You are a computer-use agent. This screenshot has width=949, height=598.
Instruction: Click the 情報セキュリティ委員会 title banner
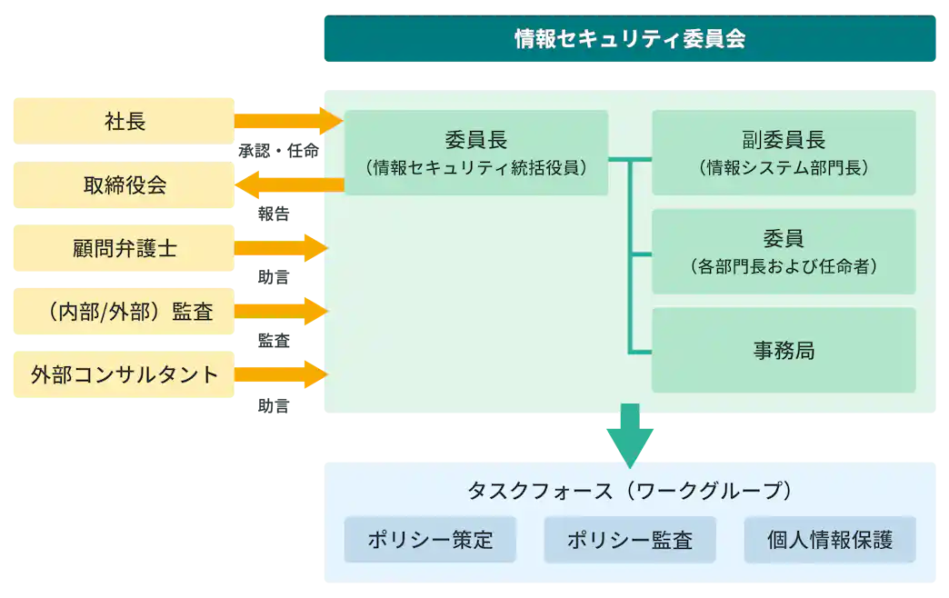pos(629,40)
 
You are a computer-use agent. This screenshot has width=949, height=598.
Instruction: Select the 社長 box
pos(124,120)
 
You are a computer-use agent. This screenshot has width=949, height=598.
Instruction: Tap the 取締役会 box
pos(124,185)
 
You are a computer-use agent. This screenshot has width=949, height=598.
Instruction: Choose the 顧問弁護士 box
pos(124,248)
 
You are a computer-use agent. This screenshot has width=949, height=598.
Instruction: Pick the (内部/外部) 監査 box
pos(124,312)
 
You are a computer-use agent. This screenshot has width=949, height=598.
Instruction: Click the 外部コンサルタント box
pos(124,374)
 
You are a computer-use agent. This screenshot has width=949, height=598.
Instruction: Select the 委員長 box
pos(475,153)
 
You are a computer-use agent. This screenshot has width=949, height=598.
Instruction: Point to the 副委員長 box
pos(783,153)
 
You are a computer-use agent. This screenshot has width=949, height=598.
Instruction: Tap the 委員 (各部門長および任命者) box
pos(783,252)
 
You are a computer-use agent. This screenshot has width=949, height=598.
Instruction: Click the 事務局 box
pos(783,351)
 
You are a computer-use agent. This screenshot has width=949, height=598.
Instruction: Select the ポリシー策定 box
pos(430,540)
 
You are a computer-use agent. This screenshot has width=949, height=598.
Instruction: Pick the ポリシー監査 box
pos(630,540)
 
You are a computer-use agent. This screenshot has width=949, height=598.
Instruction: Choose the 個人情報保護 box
pos(829,540)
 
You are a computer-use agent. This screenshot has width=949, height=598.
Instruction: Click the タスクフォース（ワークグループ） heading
pos(629,491)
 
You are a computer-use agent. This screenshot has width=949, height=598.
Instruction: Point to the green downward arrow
pos(629,434)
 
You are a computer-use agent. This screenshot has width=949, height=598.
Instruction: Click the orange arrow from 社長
pos(287,120)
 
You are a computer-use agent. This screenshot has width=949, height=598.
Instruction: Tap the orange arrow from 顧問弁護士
pos(280,248)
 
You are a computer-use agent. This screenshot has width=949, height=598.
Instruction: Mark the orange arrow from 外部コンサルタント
pos(280,374)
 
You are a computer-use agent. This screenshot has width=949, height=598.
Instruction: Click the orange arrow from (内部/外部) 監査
pos(280,312)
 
